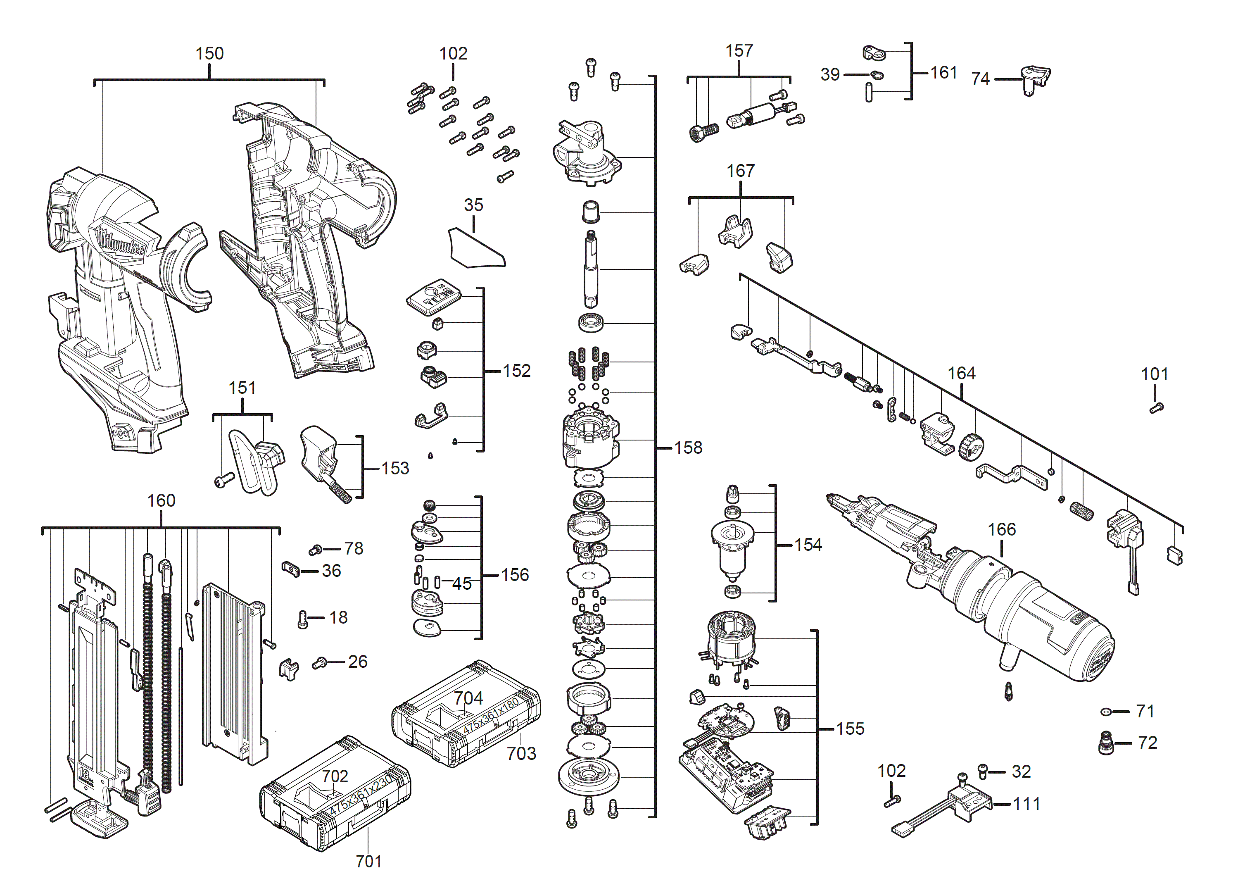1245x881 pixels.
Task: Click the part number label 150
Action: [209, 54]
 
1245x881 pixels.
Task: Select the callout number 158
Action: [688, 448]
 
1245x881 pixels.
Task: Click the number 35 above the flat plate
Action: [473, 205]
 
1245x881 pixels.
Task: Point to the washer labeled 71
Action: [1106, 712]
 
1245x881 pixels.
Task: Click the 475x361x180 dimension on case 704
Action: [491, 717]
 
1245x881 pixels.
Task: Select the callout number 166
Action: [1002, 529]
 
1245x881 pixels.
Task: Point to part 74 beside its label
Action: [1035, 79]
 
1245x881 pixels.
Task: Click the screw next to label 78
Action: [316, 550]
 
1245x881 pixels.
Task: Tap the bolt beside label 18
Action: [303, 619]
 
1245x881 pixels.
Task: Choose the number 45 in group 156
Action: [461, 584]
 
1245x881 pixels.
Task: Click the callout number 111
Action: [1026, 804]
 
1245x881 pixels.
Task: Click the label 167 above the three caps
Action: [740, 171]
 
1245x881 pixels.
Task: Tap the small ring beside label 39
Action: [877, 75]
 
